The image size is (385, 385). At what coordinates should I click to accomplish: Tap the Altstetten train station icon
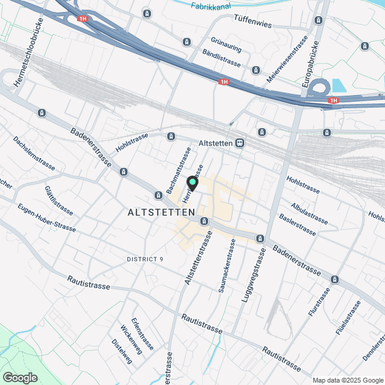pos(240,144)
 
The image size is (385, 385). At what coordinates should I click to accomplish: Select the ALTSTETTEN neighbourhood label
pos(162,212)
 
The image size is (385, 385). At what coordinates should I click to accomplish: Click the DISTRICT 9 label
pos(145,259)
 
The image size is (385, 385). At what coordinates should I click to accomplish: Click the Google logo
pos(19,378)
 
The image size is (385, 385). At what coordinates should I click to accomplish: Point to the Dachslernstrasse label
pos(34,152)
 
